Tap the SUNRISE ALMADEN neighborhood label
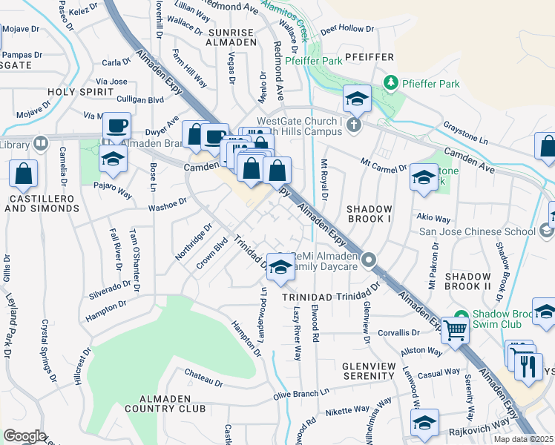[231, 38]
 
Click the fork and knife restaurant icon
[528, 366]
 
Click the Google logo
[24, 436]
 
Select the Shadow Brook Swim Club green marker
[460, 315]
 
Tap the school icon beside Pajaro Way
[113, 158]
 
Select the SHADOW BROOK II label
[468, 280]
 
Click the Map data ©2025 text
[524, 439]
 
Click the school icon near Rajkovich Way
[424, 424]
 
